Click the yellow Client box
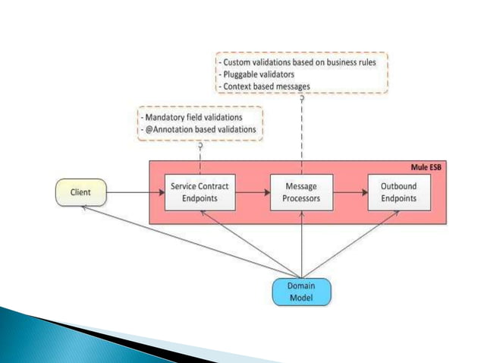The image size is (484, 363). click(x=80, y=193)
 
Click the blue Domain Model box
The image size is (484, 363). click(x=302, y=292)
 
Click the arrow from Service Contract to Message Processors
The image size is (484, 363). click(x=253, y=193)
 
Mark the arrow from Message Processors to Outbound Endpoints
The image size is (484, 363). click(x=350, y=193)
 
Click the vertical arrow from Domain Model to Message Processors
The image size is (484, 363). click(x=302, y=243)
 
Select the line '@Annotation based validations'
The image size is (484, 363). click(x=198, y=131)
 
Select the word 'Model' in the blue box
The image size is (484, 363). click(x=302, y=298)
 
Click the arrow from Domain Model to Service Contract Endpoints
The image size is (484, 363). click(x=250, y=242)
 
